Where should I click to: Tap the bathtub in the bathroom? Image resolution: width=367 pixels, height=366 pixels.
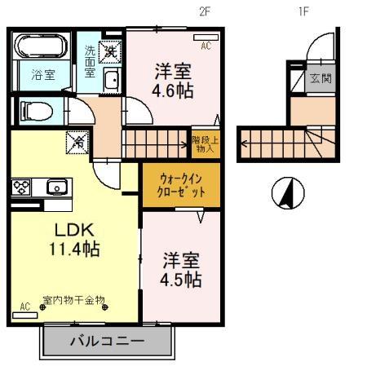pyautogui.click(x=43, y=46)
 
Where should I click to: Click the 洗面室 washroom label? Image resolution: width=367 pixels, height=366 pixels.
pyautogui.click(x=90, y=62)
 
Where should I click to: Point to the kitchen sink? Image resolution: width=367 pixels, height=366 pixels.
pyautogui.click(x=56, y=187)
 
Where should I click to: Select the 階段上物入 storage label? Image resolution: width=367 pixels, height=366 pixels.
pyautogui.click(x=204, y=143)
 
